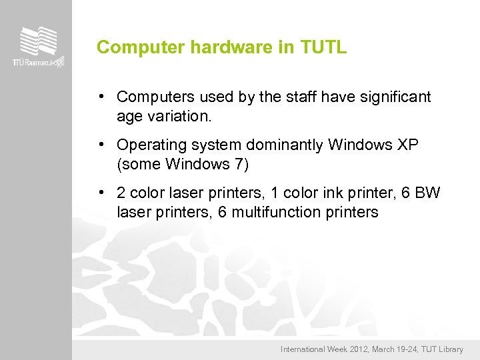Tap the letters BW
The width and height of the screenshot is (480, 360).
point(427,193)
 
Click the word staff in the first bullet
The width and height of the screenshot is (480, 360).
point(303,97)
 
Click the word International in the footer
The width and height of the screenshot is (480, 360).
point(303,349)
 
